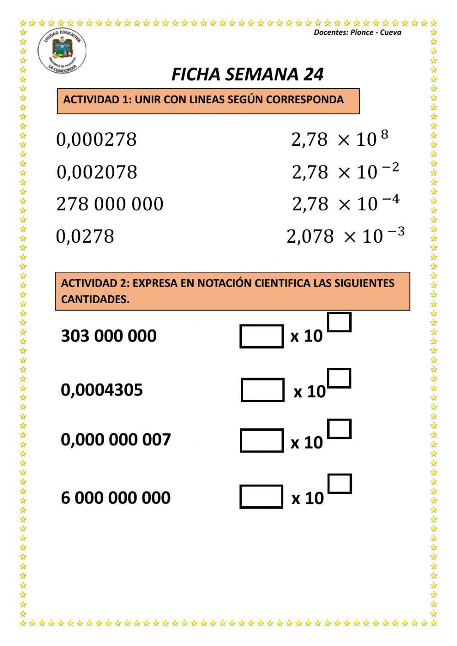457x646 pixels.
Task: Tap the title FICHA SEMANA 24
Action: tap(247, 75)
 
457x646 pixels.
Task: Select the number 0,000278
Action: tap(96, 139)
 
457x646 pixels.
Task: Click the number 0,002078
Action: tap(97, 172)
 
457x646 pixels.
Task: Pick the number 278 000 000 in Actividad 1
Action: tap(110, 204)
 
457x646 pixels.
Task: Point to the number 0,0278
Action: tap(85, 236)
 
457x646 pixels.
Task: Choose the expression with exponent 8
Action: tap(340, 139)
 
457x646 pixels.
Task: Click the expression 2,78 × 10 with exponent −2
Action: tap(345, 171)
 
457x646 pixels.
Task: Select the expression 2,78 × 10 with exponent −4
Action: tap(345, 203)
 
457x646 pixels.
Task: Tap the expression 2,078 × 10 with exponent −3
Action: tap(345, 236)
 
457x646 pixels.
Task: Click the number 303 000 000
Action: tap(109, 336)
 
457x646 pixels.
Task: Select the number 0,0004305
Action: tap(102, 390)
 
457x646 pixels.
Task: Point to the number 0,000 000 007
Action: tap(116, 439)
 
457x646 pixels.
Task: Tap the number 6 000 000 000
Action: tap(116, 497)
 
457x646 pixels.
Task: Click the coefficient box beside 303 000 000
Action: tap(261, 336)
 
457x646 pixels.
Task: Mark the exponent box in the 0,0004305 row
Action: tap(339, 379)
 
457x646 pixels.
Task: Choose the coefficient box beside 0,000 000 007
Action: tap(261, 441)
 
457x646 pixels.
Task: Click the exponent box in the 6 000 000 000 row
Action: tap(340, 484)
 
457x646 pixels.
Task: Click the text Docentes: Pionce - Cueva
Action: tap(357, 32)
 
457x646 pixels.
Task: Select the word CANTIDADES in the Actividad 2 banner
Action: tap(95, 299)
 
